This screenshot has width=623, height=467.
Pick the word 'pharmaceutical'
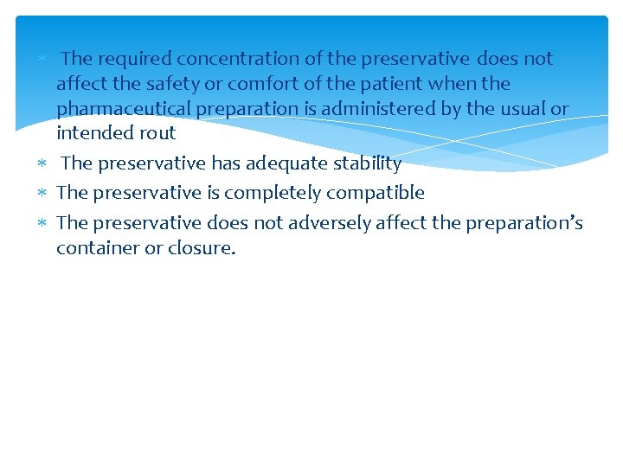point(125,109)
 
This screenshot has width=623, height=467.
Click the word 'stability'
point(368,163)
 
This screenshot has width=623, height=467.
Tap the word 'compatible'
point(376,193)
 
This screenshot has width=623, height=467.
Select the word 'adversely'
point(330,223)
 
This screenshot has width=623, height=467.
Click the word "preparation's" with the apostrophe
point(524,223)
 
